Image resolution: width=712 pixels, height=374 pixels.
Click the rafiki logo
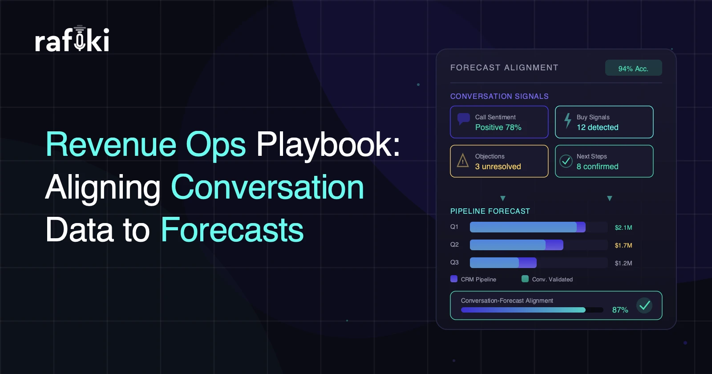pyautogui.click(x=72, y=38)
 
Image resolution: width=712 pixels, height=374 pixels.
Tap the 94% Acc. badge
pyautogui.click(x=634, y=68)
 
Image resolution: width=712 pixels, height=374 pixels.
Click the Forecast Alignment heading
pyautogui.click(x=504, y=68)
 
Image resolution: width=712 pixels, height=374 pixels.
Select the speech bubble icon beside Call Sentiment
pyautogui.click(x=463, y=119)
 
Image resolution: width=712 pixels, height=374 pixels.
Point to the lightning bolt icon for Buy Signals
pyautogui.click(x=567, y=121)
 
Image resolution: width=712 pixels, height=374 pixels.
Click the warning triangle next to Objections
pyautogui.click(x=463, y=161)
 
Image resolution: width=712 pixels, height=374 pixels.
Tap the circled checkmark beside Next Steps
pyautogui.click(x=566, y=161)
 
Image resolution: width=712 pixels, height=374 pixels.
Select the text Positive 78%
pyautogui.click(x=498, y=127)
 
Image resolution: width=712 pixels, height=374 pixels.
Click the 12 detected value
pyautogui.click(x=598, y=127)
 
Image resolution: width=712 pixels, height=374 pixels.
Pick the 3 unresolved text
pyautogui.click(x=498, y=167)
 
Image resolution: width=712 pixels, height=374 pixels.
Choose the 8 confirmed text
pyautogui.click(x=598, y=167)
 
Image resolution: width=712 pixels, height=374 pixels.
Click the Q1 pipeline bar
pyautogui.click(x=528, y=227)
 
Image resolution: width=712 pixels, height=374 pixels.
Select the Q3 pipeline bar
pyautogui.click(x=503, y=263)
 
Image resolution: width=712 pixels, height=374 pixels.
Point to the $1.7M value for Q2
pyautogui.click(x=623, y=245)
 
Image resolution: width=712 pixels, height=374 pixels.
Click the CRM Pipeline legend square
pyautogui.click(x=454, y=279)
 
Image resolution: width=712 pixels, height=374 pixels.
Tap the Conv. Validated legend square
pyautogui.click(x=525, y=279)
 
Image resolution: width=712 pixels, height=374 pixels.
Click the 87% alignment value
pyautogui.click(x=620, y=310)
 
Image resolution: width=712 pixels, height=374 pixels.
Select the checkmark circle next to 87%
pyautogui.click(x=645, y=305)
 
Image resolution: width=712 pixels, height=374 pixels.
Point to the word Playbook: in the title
pyautogui.click(x=328, y=145)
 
